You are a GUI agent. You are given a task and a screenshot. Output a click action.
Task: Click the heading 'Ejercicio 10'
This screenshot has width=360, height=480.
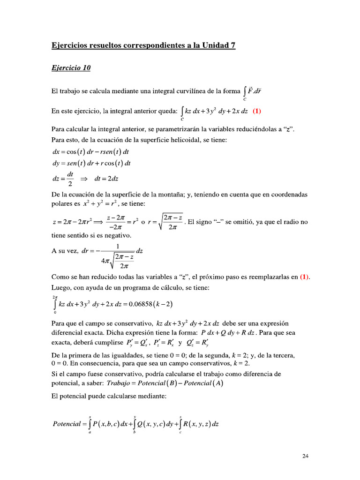click(x=71, y=68)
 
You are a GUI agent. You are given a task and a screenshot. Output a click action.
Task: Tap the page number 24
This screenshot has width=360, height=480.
click(x=305, y=456)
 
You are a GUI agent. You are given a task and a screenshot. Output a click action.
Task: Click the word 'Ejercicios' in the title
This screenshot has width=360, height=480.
click(x=69, y=46)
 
